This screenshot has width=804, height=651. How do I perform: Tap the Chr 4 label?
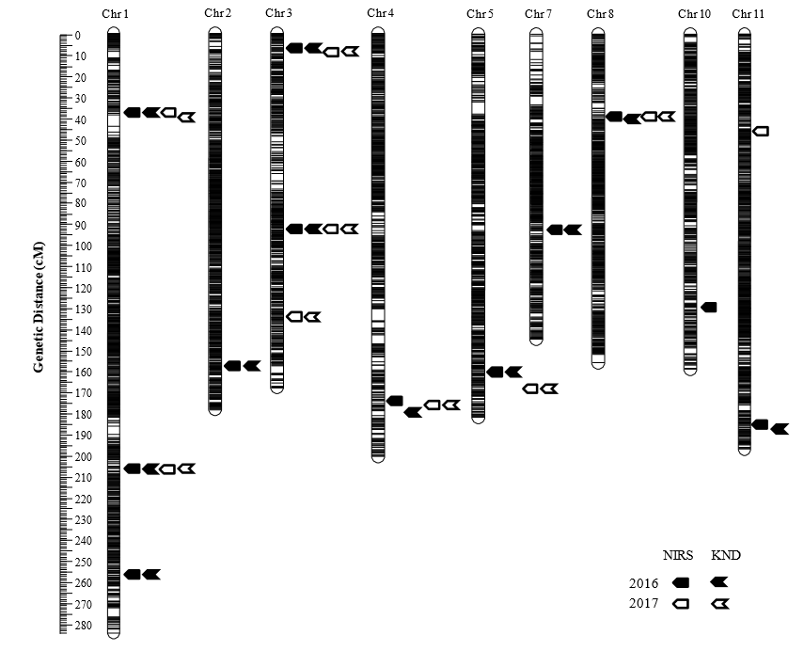click(x=381, y=13)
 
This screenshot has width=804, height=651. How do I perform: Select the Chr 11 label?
click(x=749, y=13)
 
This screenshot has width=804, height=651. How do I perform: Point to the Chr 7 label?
click(x=539, y=13)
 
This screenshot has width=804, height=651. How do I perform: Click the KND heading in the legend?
click(x=725, y=556)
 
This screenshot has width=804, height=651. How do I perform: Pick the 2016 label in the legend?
click(x=643, y=583)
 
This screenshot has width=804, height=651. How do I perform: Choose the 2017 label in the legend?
click(x=643, y=604)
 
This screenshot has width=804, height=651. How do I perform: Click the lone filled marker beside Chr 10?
click(x=709, y=308)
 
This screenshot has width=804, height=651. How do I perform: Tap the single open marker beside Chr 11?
click(x=761, y=131)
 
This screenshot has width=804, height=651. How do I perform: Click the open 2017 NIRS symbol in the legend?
click(x=681, y=604)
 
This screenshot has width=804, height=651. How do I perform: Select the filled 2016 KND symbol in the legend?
click(x=720, y=583)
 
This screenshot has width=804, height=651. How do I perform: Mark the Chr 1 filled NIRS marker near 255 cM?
click(x=133, y=575)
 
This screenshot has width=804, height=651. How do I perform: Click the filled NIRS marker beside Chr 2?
click(x=232, y=366)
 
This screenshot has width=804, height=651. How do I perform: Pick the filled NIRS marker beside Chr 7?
click(x=555, y=230)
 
